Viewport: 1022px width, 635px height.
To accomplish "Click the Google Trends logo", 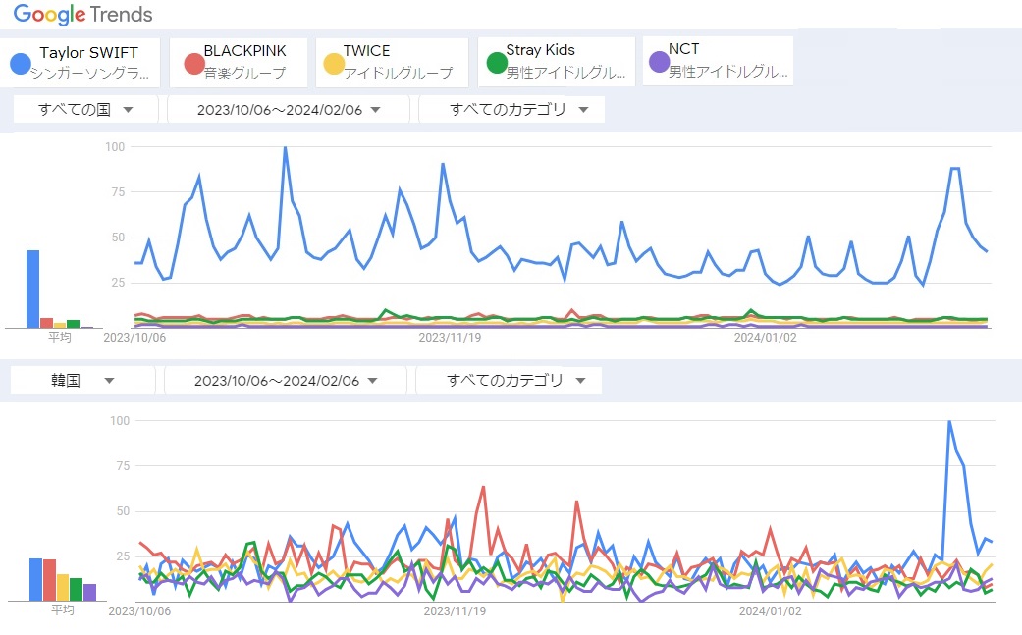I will (82, 14).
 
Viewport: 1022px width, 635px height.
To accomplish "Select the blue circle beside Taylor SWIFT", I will (20, 64).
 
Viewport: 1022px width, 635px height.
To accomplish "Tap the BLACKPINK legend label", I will (243, 50).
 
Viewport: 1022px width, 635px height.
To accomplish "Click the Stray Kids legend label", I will (540, 50).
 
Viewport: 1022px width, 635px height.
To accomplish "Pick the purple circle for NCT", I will (659, 63).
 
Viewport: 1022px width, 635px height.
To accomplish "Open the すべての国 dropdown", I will (85, 110).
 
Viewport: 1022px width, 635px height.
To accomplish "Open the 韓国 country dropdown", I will (82, 380).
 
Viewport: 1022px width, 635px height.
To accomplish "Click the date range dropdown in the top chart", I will (289, 110).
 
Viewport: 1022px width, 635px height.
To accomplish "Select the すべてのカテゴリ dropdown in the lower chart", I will (509, 380).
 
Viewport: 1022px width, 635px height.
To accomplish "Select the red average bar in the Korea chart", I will (49, 580).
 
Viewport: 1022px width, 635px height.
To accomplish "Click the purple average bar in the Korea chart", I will (89, 592).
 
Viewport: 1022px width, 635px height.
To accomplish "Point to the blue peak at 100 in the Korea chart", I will (949, 421).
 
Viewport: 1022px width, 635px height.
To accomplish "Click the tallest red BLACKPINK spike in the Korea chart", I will (484, 487).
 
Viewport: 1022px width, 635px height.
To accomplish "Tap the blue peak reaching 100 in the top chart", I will (285, 148).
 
